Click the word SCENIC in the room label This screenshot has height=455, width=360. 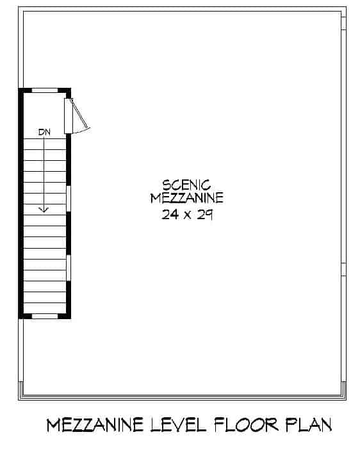(x=186, y=185)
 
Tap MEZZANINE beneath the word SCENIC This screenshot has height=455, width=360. (x=186, y=198)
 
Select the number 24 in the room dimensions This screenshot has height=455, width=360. (x=170, y=215)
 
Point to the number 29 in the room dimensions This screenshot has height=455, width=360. (x=204, y=215)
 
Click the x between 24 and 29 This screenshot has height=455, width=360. (x=187, y=216)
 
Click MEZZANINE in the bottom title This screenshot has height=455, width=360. (x=94, y=425)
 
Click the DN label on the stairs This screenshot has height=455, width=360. (x=44, y=132)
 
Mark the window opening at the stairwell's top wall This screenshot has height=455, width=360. (x=44, y=90)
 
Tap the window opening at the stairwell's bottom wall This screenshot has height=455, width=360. (x=44, y=315)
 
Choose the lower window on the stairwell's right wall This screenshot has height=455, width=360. (x=69, y=267)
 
